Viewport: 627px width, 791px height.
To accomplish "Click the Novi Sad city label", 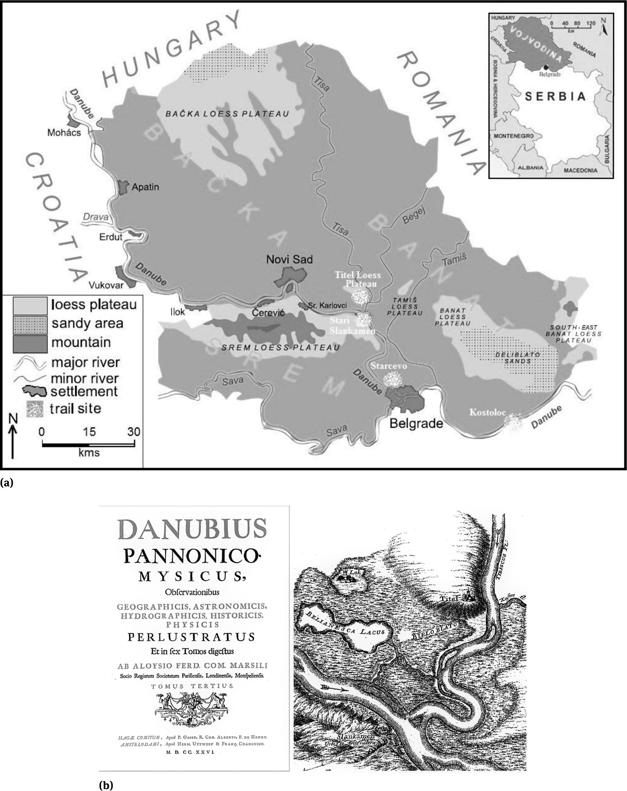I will pos(289,260).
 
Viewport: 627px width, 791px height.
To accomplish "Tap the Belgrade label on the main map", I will pos(416,423).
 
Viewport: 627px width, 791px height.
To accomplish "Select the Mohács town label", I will pos(64,132).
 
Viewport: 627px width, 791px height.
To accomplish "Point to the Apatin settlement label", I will pos(145,187).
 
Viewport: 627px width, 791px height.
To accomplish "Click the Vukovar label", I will pos(106,285).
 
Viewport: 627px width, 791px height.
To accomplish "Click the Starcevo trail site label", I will pos(389,366).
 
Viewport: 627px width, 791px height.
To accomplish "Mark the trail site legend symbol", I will pos(35,409).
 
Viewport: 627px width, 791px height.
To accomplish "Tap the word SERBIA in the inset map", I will pos(555,97).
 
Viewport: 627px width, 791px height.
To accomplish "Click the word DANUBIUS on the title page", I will pos(192,529).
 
